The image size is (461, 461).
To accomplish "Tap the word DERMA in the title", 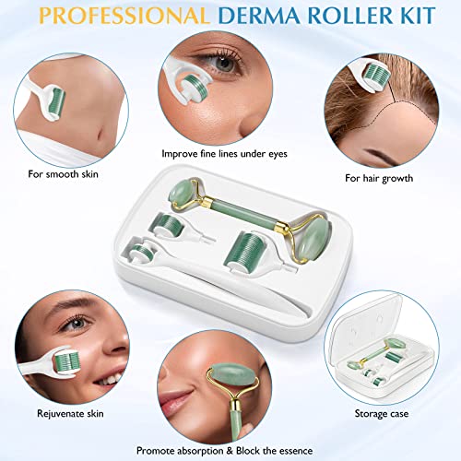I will (264, 17).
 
